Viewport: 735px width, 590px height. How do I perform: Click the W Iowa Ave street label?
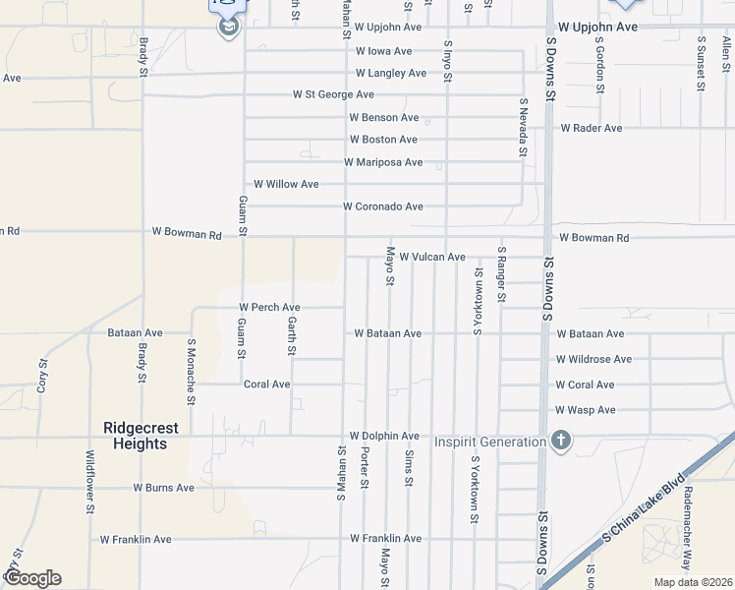click(383, 51)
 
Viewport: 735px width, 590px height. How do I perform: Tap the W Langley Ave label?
click(390, 73)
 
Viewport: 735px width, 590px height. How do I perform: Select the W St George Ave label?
click(333, 94)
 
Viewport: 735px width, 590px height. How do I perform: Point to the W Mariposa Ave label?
click(383, 162)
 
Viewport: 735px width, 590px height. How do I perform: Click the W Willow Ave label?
click(286, 184)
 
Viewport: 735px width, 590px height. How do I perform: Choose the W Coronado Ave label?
click(382, 206)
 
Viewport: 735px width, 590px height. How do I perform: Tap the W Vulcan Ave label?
click(431, 257)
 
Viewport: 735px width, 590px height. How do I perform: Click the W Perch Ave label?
click(268, 308)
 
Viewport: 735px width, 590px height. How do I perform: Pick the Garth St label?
click(292, 336)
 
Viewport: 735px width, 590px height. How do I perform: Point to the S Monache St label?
click(192, 372)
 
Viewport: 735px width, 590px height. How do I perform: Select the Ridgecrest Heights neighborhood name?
click(136, 436)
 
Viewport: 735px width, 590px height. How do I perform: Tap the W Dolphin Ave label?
click(384, 436)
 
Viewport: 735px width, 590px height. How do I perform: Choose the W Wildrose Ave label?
click(594, 360)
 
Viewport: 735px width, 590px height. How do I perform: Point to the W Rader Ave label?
click(591, 128)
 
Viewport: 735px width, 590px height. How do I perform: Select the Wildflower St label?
click(89, 482)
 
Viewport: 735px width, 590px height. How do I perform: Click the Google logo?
click(32, 577)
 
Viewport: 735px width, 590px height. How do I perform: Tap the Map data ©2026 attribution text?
click(693, 582)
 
